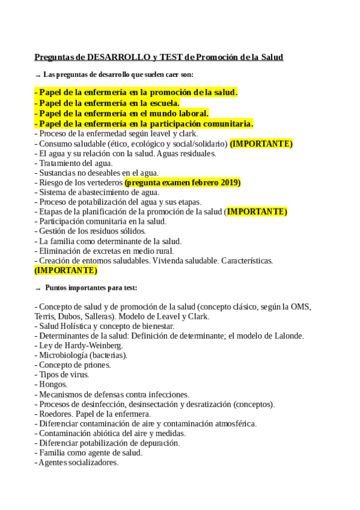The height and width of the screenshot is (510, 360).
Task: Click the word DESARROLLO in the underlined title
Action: pos(117,57)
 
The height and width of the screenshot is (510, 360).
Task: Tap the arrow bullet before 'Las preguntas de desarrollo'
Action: pos(38,76)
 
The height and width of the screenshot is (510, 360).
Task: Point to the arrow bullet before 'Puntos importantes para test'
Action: pos(38,289)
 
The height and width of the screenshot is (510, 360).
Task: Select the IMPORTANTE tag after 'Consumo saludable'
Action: pos(261,144)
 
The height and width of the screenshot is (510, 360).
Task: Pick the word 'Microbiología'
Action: pos(65,355)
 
